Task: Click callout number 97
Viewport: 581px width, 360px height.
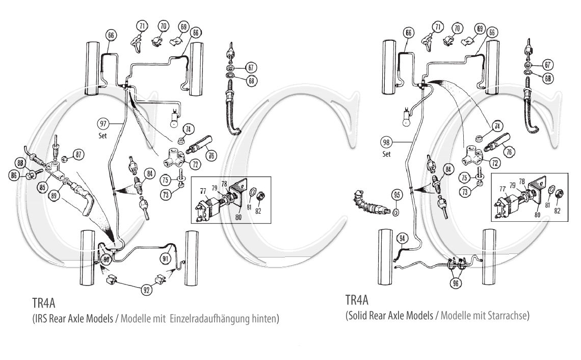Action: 104,123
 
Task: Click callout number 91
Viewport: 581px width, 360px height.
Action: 166,259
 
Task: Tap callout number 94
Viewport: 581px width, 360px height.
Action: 402,237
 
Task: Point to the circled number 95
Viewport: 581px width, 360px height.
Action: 397,194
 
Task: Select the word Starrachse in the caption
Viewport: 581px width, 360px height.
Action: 508,316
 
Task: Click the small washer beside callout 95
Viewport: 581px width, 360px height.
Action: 395,211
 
